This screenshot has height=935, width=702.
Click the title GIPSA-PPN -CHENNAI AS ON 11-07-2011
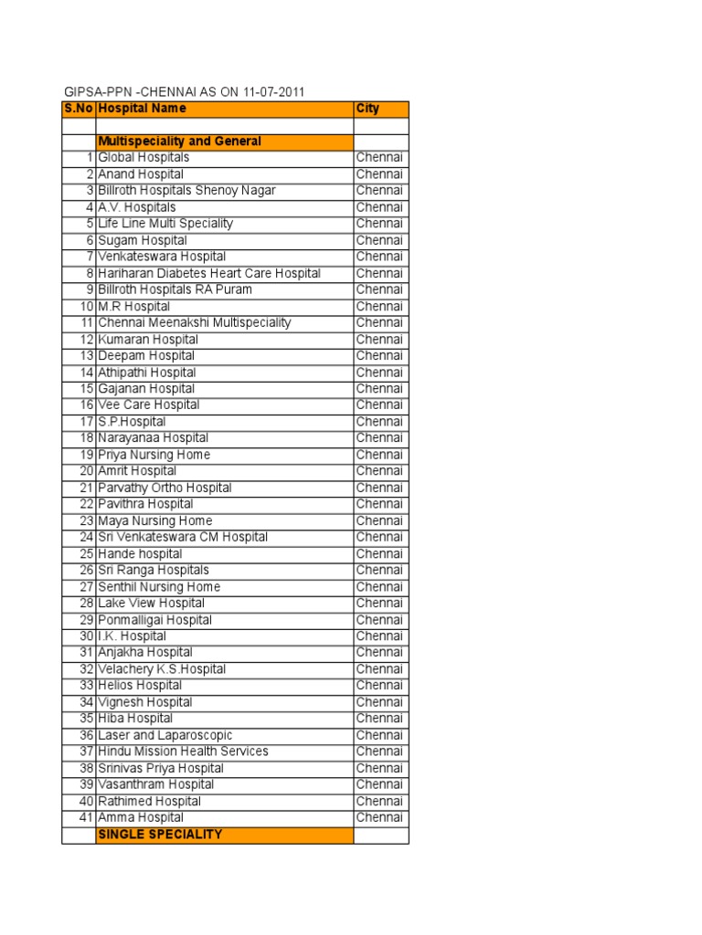(184, 92)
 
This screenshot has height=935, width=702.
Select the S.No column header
(79, 109)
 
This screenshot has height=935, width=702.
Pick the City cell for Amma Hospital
(379, 818)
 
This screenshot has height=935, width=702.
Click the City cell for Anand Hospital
(379, 174)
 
